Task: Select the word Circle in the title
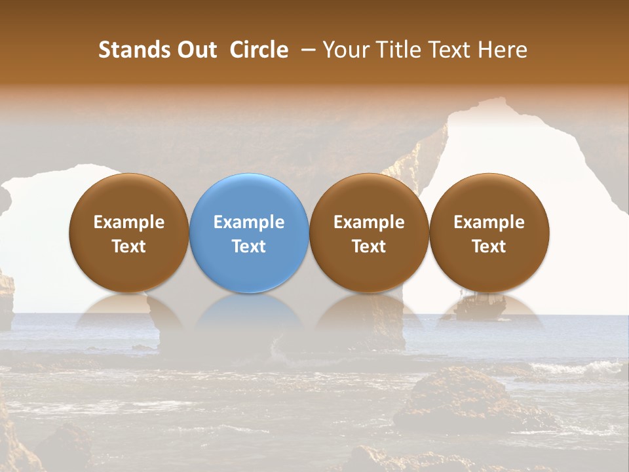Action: tap(259, 50)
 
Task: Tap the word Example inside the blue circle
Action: tap(249, 222)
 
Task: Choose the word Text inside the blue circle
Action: tap(249, 246)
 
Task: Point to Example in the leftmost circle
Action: tap(129, 222)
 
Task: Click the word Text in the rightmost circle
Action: tap(489, 246)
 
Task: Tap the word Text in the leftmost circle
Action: tap(129, 246)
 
